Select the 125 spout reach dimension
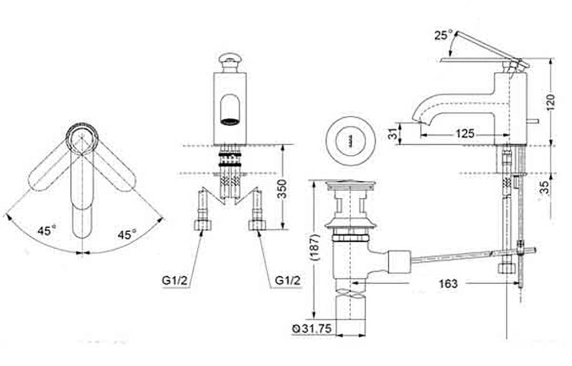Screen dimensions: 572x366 464,133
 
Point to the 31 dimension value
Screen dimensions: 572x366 392,134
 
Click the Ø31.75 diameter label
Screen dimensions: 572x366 312,329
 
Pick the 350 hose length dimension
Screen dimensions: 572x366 281,189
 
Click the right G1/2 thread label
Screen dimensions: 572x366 288,280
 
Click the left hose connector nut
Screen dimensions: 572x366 201,225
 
